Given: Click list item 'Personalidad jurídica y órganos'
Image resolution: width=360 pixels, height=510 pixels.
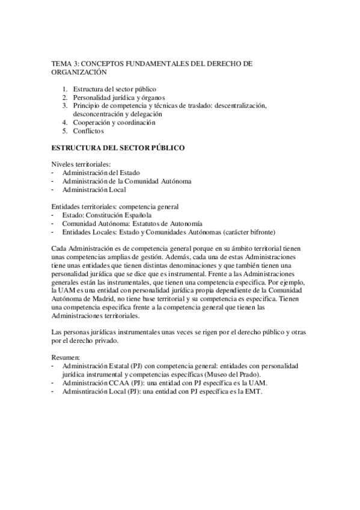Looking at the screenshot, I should pyautogui.click(x=119, y=97).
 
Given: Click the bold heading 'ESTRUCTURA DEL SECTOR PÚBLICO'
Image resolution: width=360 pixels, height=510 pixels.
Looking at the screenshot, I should pyautogui.click(x=118, y=147).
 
